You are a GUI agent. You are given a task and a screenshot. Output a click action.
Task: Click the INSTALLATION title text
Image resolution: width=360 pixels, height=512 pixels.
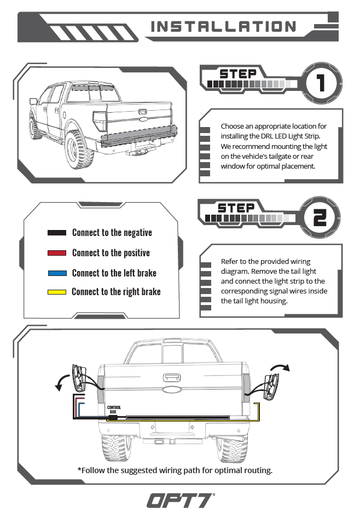pos(223,26)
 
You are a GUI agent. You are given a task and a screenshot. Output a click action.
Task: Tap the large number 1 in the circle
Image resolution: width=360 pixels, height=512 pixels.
pos(320,84)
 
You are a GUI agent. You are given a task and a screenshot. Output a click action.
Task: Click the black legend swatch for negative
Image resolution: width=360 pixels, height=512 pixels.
pos(57,233)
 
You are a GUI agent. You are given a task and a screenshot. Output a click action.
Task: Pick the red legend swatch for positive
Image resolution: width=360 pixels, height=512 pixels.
pos(57,253)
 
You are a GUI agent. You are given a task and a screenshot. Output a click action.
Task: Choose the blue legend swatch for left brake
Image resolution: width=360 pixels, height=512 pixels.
pos(57,273)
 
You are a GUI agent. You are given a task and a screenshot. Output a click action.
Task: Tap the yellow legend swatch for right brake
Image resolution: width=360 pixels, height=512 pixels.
pos(57,292)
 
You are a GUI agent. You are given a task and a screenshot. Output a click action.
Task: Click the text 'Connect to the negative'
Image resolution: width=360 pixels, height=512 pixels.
pos(112,233)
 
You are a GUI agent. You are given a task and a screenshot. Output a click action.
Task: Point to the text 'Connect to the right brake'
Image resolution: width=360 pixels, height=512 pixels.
pos(116,292)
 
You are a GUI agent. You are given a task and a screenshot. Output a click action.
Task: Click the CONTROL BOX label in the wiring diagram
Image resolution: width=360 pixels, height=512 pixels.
pos(114,409)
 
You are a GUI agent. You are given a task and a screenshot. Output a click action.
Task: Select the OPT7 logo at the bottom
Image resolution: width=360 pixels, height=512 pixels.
pos(180,499)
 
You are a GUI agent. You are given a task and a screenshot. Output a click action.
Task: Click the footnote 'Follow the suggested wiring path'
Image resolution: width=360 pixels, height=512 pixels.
pos(175,470)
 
